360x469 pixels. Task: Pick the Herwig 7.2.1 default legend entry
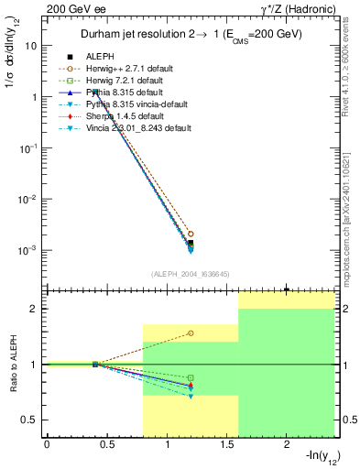point(134,81)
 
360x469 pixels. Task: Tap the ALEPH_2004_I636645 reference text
point(190,273)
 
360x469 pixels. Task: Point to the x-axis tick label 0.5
point(106,444)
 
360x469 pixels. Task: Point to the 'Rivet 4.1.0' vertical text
point(354,55)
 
